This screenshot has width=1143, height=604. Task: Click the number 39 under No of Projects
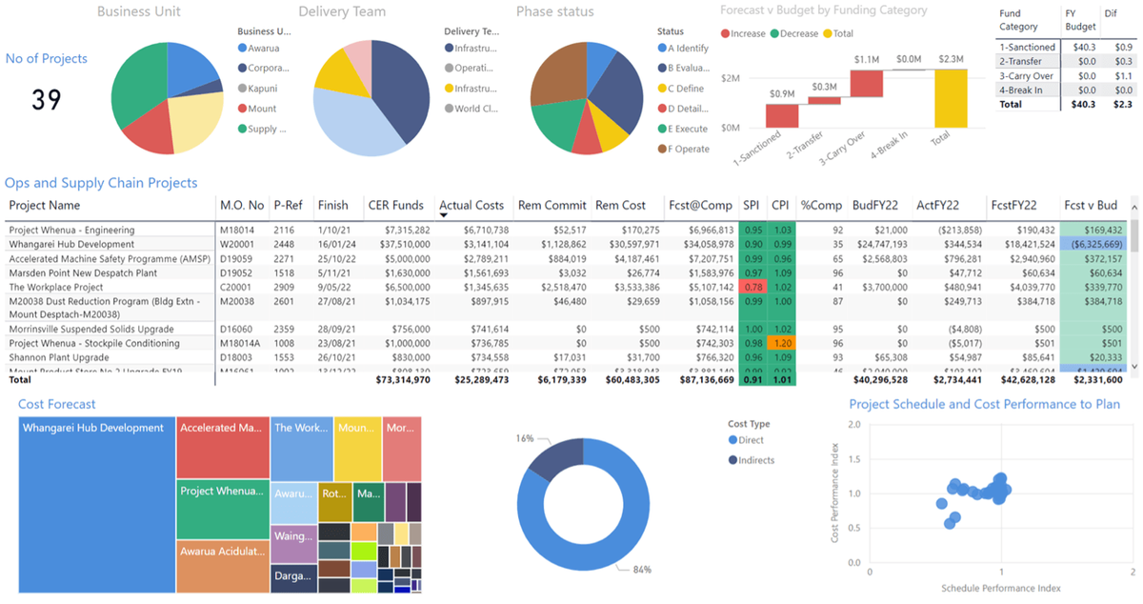click(x=47, y=99)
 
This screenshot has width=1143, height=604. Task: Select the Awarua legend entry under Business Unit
click(x=263, y=48)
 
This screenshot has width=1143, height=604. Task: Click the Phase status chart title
click(x=554, y=12)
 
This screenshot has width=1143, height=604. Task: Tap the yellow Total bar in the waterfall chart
click(x=949, y=98)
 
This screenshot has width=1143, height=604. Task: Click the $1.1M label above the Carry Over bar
click(x=866, y=59)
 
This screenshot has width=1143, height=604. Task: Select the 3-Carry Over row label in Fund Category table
click(x=1026, y=75)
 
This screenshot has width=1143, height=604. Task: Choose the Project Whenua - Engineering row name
click(x=71, y=230)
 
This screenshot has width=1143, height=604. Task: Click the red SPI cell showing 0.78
click(x=752, y=287)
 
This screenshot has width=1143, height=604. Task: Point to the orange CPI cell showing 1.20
click(x=782, y=343)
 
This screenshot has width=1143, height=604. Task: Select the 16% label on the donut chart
click(x=524, y=439)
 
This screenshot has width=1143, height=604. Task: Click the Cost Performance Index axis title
click(x=834, y=493)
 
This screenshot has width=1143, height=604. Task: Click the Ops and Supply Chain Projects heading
click(x=101, y=183)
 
